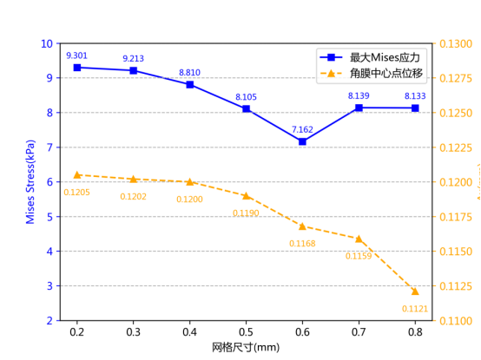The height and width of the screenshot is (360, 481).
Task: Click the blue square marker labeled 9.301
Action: (77, 67)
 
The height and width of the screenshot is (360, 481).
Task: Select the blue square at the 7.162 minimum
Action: (302, 141)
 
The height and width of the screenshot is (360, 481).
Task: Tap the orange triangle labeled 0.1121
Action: (415, 291)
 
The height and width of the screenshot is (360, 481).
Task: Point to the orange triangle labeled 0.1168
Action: (302, 226)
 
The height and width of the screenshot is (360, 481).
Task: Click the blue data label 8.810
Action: (189, 73)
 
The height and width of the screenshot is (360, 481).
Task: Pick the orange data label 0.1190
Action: (246, 213)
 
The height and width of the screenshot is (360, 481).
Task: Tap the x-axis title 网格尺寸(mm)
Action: (246, 347)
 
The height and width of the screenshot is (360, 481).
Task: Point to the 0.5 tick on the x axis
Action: (246, 331)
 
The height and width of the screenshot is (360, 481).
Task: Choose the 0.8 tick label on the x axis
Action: (415, 331)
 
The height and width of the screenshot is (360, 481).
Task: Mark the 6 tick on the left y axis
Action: (49, 182)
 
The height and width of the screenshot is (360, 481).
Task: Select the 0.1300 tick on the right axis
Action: (455, 43)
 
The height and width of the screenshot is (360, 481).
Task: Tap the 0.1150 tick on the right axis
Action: (455, 252)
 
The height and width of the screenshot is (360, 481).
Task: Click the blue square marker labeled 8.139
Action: (359, 108)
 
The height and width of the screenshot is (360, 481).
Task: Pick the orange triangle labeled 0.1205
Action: (77, 175)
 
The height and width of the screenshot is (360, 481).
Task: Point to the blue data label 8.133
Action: (415, 95)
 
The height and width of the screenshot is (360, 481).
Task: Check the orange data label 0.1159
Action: (359, 256)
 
